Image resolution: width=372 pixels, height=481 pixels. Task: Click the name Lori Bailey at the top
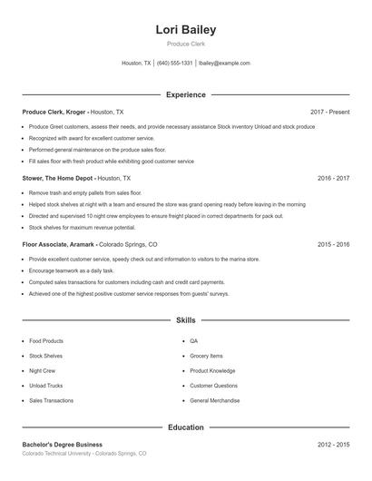(185, 30)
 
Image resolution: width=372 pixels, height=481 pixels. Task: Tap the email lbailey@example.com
(224, 64)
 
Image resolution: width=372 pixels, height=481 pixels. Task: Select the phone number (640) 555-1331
(175, 64)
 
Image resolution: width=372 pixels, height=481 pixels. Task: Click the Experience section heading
(185, 94)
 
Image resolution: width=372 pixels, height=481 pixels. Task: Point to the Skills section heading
(185, 320)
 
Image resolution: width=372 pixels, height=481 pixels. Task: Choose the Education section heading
(185, 427)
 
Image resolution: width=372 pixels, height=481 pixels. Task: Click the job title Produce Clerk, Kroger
(55, 112)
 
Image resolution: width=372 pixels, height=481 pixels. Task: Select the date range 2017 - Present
(329, 112)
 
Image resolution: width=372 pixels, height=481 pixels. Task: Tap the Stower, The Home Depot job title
(58, 179)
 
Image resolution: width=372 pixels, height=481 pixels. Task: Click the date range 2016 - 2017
(333, 179)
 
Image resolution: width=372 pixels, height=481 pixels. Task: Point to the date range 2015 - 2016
(333, 244)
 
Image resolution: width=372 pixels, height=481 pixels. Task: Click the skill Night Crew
(43, 370)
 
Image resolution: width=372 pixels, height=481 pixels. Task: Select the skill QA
(193, 340)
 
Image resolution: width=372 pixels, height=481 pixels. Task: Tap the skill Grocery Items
(206, 356)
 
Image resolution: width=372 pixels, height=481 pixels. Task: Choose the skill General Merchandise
(215, 400)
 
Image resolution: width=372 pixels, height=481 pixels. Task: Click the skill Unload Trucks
(45, 385)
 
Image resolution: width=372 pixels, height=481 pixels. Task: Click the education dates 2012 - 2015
(333, 444)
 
